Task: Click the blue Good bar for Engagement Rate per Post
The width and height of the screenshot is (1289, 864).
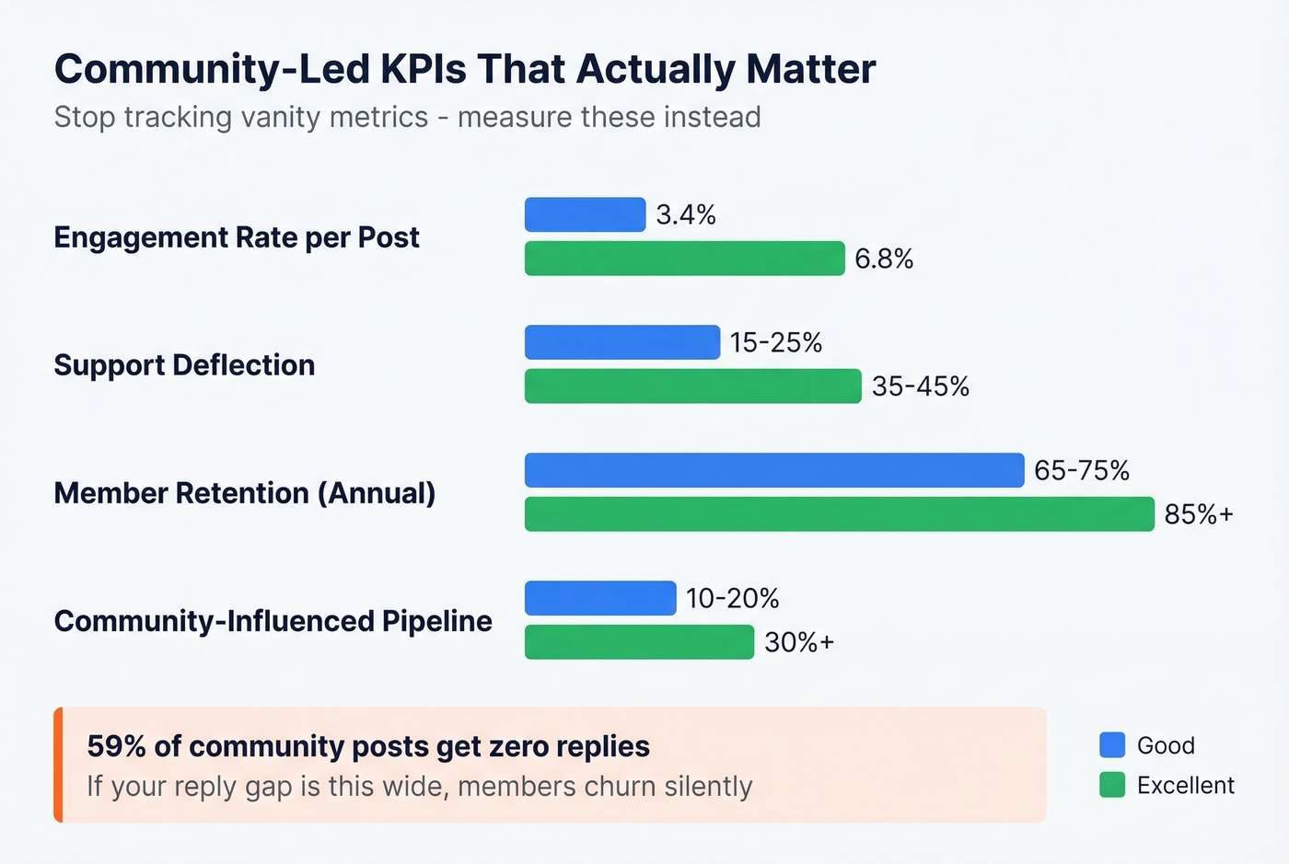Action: (585, 214)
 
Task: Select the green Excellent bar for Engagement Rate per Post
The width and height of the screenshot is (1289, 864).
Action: (684, 259)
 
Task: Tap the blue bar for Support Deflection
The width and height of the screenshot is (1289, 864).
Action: (622, 342)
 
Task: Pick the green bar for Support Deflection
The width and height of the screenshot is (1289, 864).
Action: (692, 386)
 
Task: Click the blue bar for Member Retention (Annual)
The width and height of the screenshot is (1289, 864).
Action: (774, 470)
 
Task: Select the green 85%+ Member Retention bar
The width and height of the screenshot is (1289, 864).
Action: (839, 514)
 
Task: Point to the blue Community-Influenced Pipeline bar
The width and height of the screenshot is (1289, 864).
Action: (600, 598)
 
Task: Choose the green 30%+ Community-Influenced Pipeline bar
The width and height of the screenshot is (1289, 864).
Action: (639, 642)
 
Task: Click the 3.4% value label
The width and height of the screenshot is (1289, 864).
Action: (686, 214)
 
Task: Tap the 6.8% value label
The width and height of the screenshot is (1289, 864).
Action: (884, 259)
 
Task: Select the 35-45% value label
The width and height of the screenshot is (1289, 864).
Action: (921, 386)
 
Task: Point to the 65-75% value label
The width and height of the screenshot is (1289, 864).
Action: (1082, 470)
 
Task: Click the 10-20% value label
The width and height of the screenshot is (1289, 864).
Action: (733, 598)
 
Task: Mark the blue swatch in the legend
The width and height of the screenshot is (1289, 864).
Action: (1112, 744)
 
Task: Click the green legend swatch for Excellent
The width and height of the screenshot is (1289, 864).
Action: (1112, 785)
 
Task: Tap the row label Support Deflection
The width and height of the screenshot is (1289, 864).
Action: (184, 365)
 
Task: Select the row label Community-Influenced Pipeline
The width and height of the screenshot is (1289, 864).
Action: (273, 621)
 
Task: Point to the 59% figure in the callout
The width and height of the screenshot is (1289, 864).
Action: (116, 746)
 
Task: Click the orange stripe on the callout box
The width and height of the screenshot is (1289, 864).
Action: (58, 765)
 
